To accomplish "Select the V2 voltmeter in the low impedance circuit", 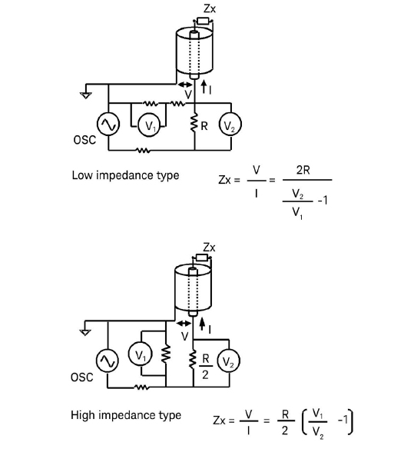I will pos(230,125).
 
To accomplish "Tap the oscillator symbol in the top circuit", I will pos(107,124).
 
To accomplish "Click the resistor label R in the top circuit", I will pos(205,125).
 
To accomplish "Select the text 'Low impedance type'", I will pos(125,175).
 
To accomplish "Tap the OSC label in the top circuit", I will pos(83,141).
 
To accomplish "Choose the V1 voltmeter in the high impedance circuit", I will pos(139,356).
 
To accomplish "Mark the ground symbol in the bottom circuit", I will pos(85,331).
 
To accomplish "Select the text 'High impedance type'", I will pos(126,415).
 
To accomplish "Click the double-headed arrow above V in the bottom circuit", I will pos(183,323).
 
